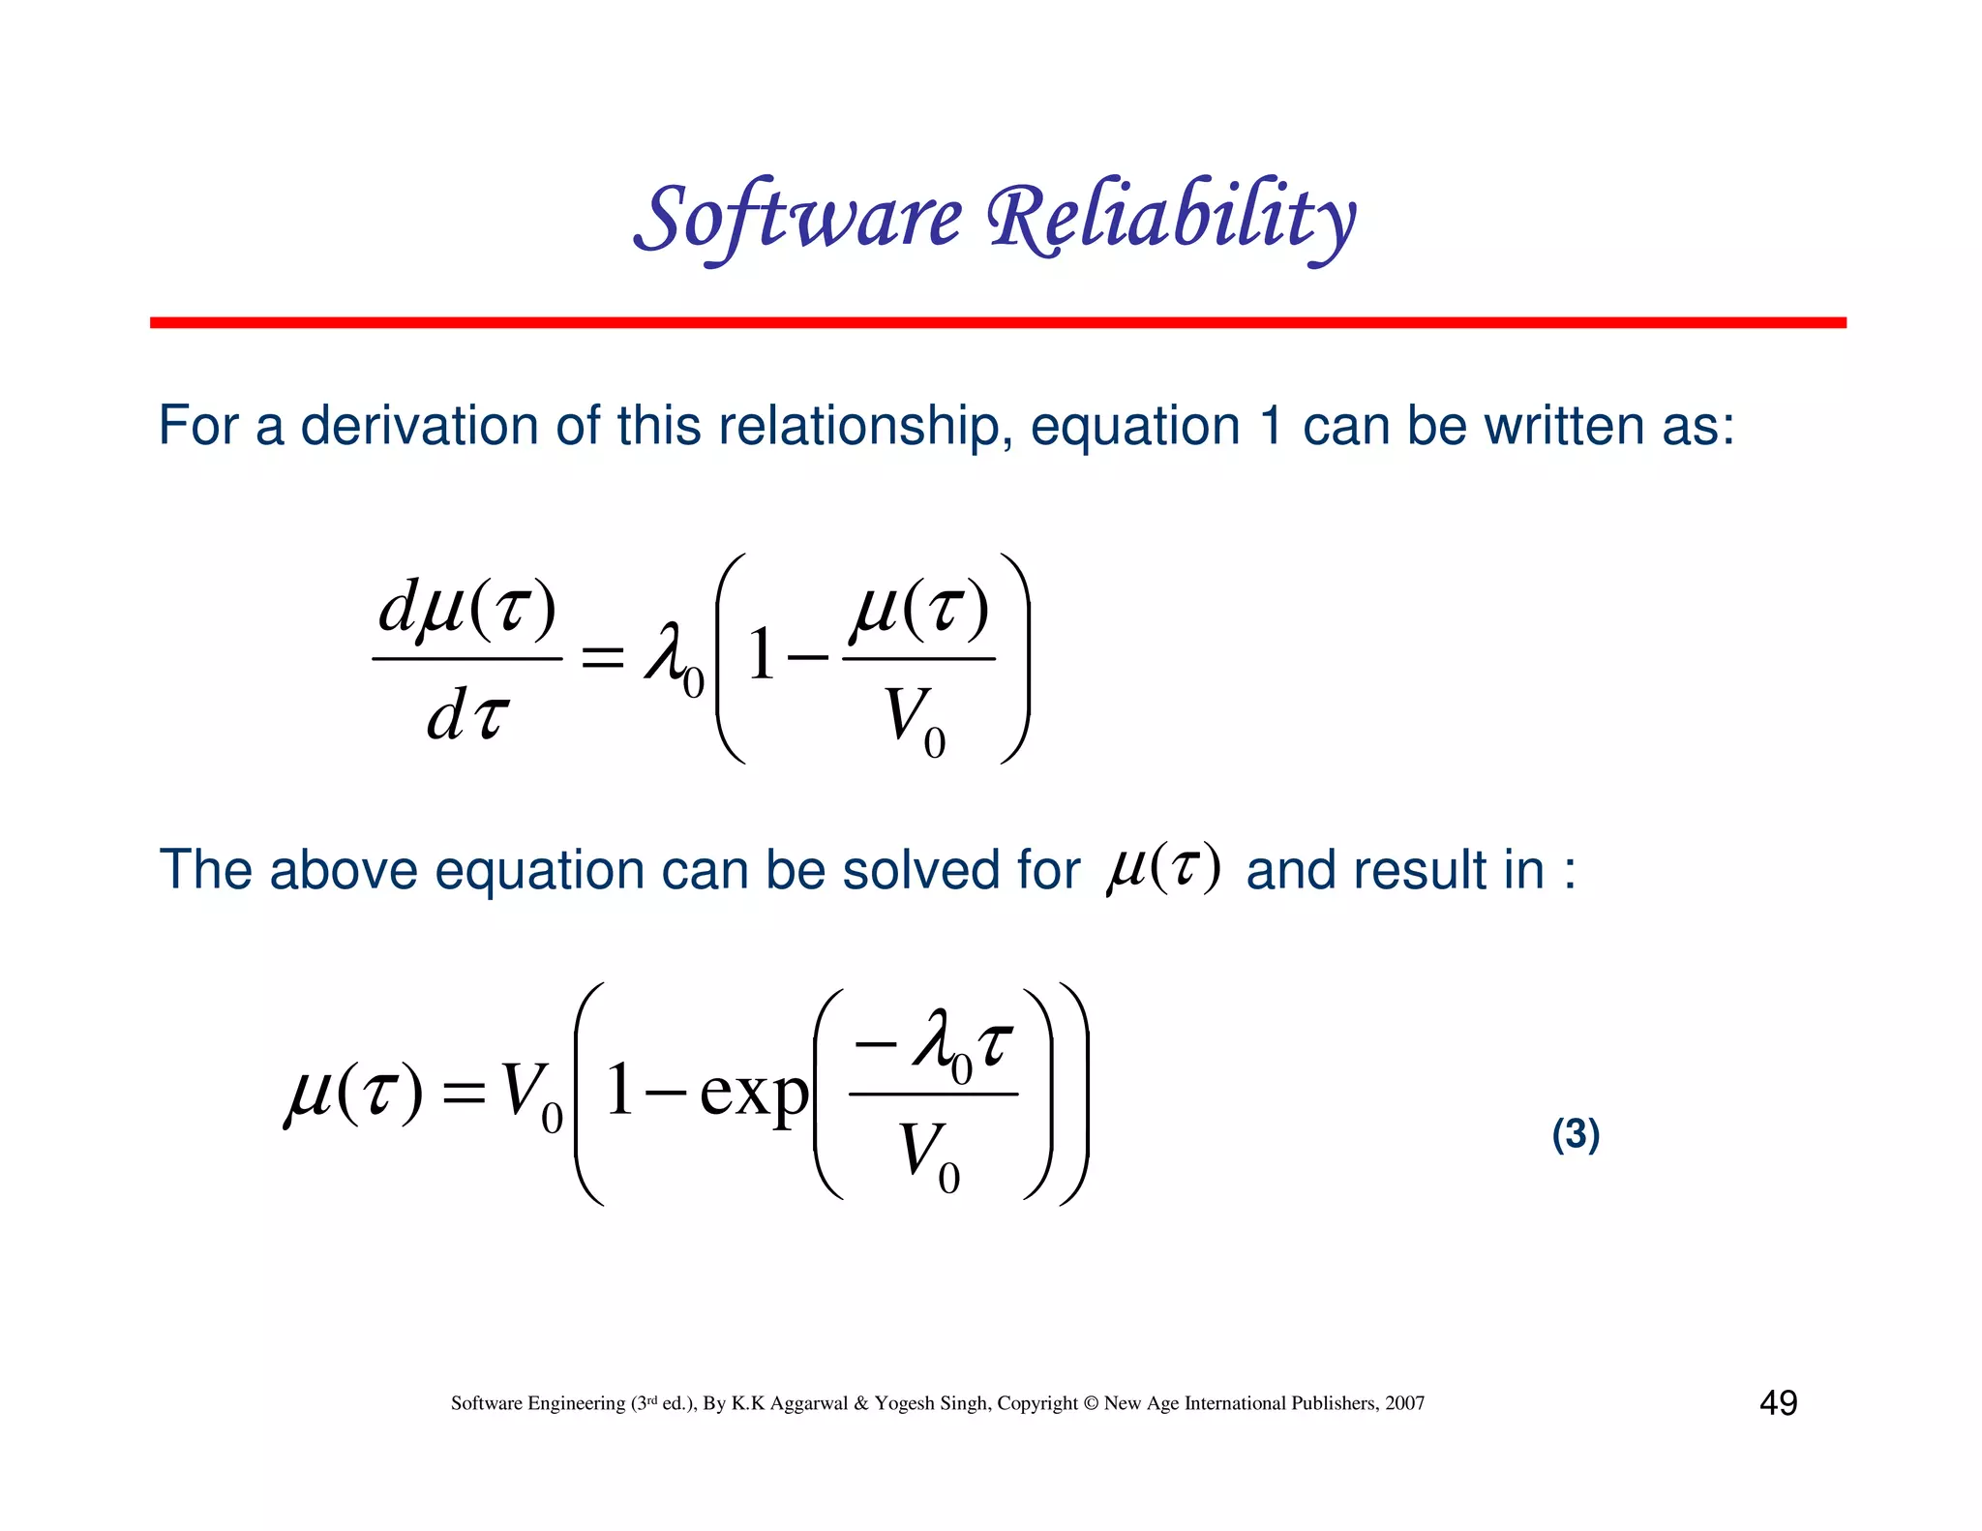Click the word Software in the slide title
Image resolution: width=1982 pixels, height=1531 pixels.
coord(798,218)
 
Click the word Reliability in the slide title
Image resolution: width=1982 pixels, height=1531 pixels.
coord(1171,218)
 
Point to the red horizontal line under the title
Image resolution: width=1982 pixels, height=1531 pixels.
coord(997,322)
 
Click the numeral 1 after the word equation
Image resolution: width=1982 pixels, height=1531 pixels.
coord(1272,426)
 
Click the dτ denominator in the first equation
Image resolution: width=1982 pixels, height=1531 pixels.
coord(467,717)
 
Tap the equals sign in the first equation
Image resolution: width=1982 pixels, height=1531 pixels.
coord(602,659)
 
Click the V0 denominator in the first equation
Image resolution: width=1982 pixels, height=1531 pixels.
coord(916,721)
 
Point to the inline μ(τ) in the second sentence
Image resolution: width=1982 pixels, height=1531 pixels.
coord(1163,867)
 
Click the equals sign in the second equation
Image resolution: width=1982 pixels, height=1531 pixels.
coord(463,1095)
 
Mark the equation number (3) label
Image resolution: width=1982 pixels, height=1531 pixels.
coord(1576,1133)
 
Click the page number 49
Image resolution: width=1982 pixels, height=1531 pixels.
coord(1778,1402)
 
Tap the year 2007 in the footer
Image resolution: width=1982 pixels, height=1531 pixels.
coord(1404,1403)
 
